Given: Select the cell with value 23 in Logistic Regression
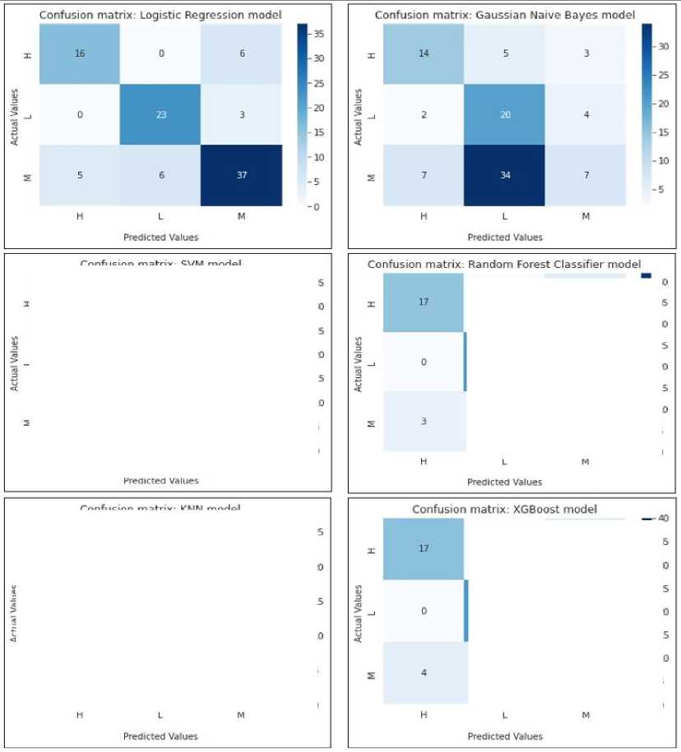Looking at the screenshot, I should [162, 115].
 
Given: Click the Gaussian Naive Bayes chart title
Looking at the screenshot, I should [504, 16].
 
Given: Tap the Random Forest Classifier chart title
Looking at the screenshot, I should [503, 264].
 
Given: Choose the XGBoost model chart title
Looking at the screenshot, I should [504, 510].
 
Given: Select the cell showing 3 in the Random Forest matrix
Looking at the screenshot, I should [424, 422].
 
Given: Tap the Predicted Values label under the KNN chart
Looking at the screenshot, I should [161, 736].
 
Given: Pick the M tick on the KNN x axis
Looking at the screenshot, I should [241, 715].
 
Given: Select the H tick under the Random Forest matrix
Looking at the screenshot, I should [424, 462].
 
